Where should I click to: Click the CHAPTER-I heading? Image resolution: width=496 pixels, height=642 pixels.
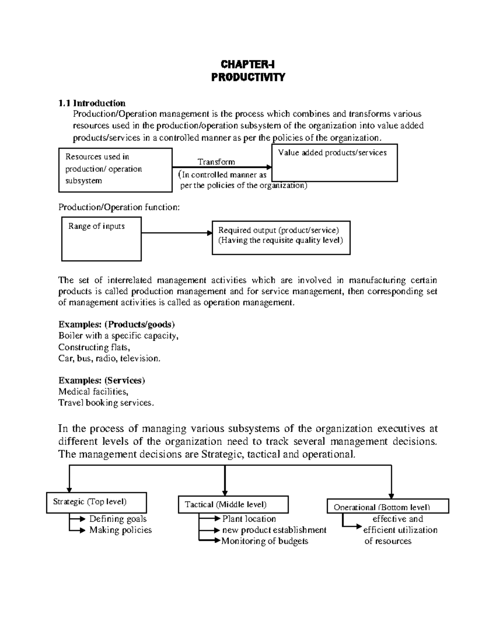point(248,64)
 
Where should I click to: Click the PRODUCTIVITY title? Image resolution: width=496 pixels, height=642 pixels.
point(248,77)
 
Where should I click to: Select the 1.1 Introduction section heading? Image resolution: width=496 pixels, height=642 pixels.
point(92,103)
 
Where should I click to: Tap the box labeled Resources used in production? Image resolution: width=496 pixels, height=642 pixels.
point(115,170)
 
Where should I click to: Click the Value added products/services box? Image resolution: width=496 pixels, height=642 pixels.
point(334,163)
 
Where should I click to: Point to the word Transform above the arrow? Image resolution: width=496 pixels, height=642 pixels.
point(216,162)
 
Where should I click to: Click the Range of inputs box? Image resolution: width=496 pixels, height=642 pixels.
point(101,239)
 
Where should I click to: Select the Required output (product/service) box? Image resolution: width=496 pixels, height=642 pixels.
point(281,237)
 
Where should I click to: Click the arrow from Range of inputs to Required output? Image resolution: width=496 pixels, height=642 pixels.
point(176,233)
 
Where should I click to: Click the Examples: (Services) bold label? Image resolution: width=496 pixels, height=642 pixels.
point(102,380)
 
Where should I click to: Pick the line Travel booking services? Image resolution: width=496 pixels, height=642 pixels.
point(106,403)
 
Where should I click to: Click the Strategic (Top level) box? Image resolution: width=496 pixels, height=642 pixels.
point(96,503)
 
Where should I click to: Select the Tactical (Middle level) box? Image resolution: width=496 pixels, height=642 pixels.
point(233,505)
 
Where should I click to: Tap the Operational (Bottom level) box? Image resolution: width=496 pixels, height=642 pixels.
point(388,506)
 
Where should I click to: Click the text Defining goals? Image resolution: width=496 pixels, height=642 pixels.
point(118,519)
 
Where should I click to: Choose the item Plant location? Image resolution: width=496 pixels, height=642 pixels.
point(249,519)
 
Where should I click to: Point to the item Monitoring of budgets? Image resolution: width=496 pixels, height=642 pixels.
point(265,541)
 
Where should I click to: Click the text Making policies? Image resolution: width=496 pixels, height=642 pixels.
point(120,530)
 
